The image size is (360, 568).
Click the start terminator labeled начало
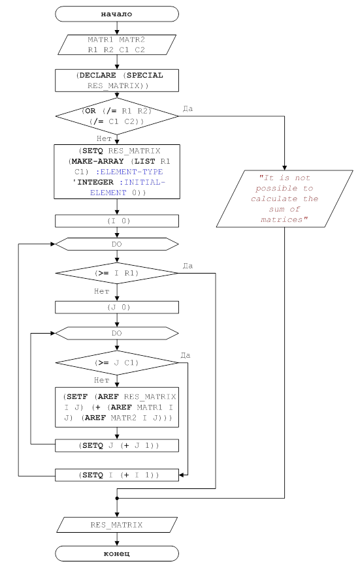pyautogui.click(x=117, y=14)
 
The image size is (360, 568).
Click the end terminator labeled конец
pyautogui.click(x=117, y=554)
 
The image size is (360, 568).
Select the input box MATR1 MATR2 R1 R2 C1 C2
pyautogui.click(x=117, y=44)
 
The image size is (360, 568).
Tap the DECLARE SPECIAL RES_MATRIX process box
pyautogui.click(x=117, y=80)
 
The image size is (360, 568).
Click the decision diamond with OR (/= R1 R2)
pyautogui.click(x=117, y=116)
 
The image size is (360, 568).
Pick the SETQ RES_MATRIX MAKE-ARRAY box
pyautogui.click(x=117, y=172)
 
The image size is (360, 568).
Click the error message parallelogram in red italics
pyautogui.click(x=285, y=198)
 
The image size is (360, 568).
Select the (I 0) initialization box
pyautogui.click(x=117, y=221)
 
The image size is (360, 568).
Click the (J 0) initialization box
pyautogui.click(x=117, y=308)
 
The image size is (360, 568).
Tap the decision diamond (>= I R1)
pyautogui.click(x=117, y=273)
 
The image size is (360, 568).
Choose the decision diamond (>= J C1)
pyautogui.click(x=117, y=362)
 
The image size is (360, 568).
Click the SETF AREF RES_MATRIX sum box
pyautogui.click(x=117, y=407)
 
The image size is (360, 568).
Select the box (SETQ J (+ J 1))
pyautogui.click(x=117, y=445)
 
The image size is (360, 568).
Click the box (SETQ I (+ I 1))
pyautogui.click(x=117, y=475)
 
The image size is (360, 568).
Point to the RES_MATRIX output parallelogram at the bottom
pyautogui.click(x=117, y=525)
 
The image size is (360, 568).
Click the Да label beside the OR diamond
pyautogui.click(x=188, y=108)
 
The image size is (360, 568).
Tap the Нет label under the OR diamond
pyautogui.click(x=104, y=138)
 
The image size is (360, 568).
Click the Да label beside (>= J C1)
pyautogui.click(x=186, y=355)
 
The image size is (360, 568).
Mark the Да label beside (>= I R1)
pyautogui.click(x=188, y=266)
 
